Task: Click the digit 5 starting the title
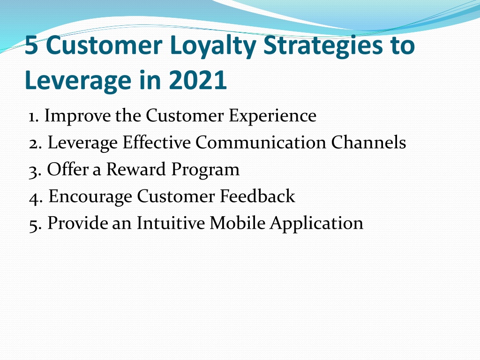click(x=31, y=45)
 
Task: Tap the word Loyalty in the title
click(x=213, y=46)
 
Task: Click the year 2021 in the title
click(x=198, y=80)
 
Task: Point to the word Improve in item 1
click(x=78, y=116)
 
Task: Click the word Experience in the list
click(x=272, y=116)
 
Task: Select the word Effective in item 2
click(x=157, y=142)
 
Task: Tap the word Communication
click(x=261, y=142)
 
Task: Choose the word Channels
click(x=368, y=142)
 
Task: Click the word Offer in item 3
click(x=67, y=169)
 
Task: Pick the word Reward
click(x=136, y=169)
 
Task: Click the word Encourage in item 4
click(x=90, y=197)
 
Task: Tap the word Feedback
click(x=257, y=196)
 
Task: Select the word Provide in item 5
click(x=77, y=223)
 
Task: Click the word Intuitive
click(x=171, y=223)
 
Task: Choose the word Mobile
click(x=238, y=223)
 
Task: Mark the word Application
click(x=316, y=224)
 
